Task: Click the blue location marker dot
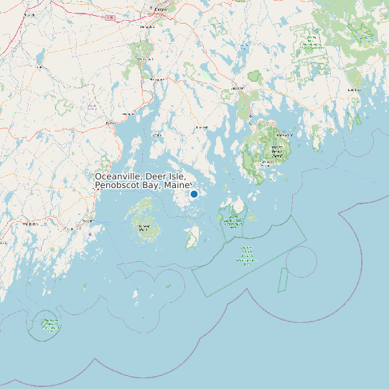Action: [194, 194]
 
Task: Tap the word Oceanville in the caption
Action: [118, 177]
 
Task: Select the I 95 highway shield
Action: [109, 17]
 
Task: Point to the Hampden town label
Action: [147, 27]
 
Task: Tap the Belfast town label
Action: [110, 123]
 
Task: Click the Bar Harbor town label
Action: [284, 135]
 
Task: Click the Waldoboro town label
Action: [30, 224]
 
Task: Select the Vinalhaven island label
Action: [142, 228]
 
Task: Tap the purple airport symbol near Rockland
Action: [89, 234]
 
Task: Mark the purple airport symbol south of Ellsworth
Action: [250, 116]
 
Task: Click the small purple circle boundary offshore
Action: [301, 262]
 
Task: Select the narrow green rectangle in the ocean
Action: [283, 280]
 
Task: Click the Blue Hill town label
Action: [202, 128]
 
